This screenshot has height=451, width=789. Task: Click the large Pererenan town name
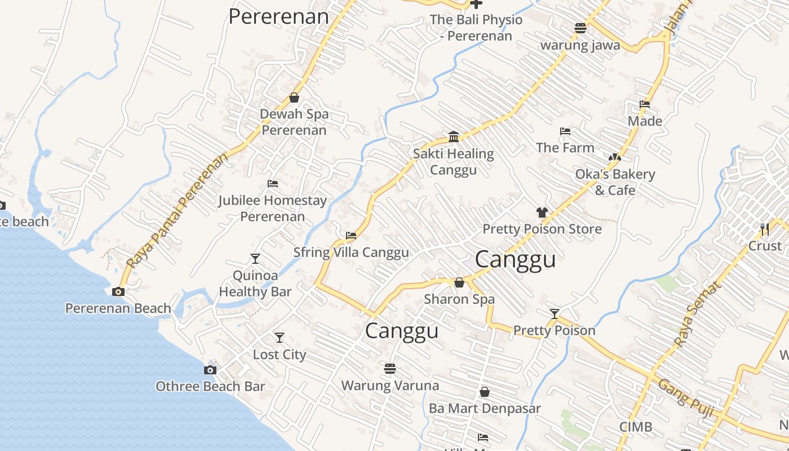[x=278, y=16]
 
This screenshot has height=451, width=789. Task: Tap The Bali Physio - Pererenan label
[x=476, y=28]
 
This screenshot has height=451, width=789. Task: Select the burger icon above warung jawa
[x=580, y=28]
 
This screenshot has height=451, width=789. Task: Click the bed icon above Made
[x=645, y=104]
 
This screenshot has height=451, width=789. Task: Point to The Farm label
[x=565, y=148]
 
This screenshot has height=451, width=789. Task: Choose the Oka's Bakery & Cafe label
[x=615, y=182]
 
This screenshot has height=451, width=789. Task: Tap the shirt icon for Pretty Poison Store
[x=542, y=213]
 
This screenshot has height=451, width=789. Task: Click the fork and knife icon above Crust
[x=764, y=229]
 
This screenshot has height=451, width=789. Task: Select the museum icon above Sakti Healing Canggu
[x=454, y=136]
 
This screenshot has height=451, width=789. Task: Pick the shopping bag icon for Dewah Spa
[x=294, y=98]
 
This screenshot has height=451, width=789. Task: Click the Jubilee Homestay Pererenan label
[x=273, y=208]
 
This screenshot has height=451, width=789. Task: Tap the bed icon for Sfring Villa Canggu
[x=351, y=235]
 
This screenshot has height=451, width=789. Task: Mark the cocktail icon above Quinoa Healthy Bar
[x=255, y=259]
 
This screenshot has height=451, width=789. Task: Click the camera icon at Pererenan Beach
[x=118, y=291]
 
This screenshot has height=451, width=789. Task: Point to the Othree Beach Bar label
[x=210, y=387]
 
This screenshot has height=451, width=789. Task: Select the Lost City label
[x=280, y=355]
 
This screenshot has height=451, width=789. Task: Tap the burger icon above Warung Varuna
[x=389, y=369]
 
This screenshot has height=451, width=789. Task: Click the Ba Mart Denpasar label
[x=485, y=408]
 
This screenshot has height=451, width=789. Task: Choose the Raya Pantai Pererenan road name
[x=178, y=210]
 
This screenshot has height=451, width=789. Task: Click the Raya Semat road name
[x=697, y=314]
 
